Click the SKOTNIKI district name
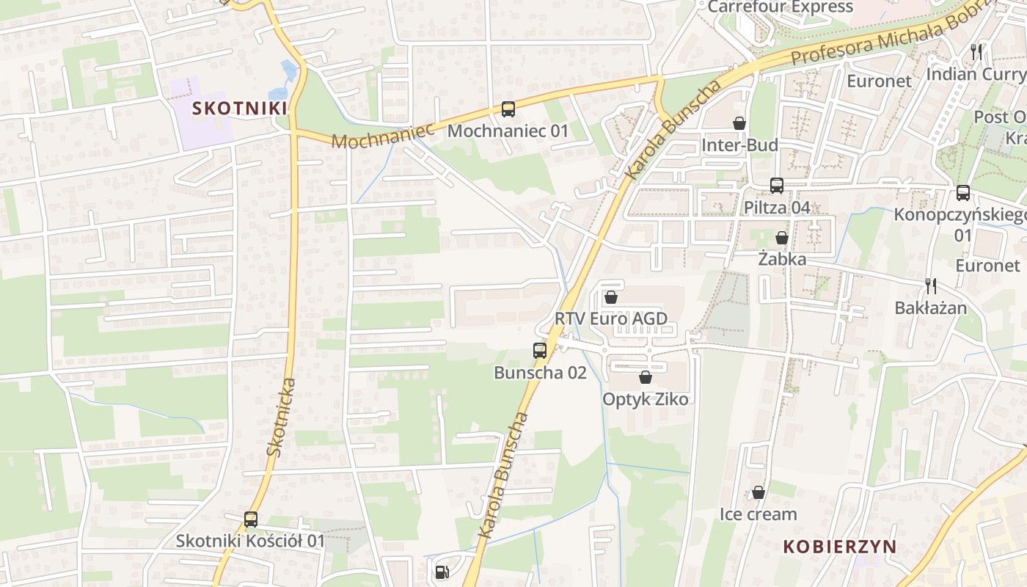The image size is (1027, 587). (x=239, y=109)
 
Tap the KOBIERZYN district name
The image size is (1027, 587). (x=840, y=547)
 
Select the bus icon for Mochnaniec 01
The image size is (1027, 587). (x=508, y=110)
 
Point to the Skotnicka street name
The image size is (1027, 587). (x=282, y=417)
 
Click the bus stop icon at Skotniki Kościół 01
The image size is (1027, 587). (x=251, y=519)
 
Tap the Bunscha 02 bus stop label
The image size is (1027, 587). (x=540, y=373)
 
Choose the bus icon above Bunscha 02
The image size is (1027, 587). (x=540, y=351)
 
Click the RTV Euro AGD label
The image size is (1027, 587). (x=611, y=318)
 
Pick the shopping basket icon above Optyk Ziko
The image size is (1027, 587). (x=646, y=377)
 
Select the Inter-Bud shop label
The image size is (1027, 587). (x=739, y=145)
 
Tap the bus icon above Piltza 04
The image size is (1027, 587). (x=777, y=186)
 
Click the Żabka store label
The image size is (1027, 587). (x=782, y=259)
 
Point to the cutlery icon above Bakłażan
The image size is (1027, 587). (x=931, y=286)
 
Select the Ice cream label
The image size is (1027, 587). (x=758, y=514)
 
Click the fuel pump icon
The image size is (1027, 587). (x=442, y=572)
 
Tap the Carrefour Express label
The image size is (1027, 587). (x=781, y=7)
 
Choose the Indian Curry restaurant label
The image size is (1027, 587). (x=976, y=74)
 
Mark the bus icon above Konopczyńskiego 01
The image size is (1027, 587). (x=963, y=193)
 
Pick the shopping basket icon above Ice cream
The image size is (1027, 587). (x=759, y=492)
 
